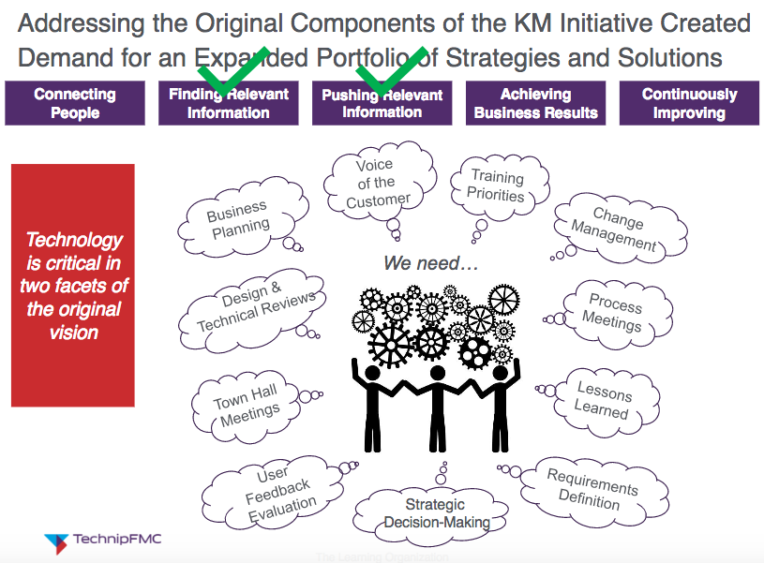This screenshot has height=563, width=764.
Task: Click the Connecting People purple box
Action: pos(75,103)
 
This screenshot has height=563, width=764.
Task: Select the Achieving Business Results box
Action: pos(535,103)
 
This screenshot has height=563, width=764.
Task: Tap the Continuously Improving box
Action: pos(689,103)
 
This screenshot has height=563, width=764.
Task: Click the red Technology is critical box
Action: pos(73,285)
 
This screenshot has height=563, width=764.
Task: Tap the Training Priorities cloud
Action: pos(496,186)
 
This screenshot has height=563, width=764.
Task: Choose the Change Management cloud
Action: pos(617,230)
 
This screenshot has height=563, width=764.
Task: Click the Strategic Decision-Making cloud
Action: pos(436,511)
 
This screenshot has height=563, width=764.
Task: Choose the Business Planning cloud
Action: pos(238,221)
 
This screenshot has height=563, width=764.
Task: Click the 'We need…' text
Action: pos(431,264)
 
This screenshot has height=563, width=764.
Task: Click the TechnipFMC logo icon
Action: pos(56,541)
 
